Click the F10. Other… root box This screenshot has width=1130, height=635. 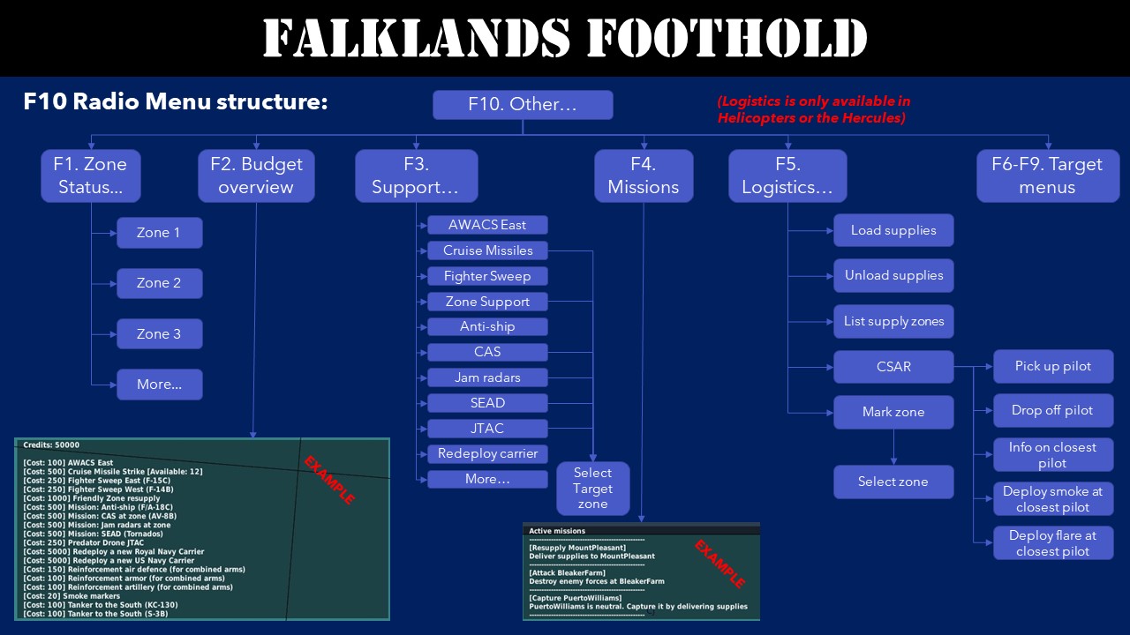[523, 105]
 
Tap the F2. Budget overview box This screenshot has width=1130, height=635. [256, 176]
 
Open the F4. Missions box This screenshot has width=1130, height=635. [643, 176]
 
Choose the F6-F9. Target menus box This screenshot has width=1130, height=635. [1047, 176]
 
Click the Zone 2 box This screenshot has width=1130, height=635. [159, 283]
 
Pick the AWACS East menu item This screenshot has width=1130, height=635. [487, 225]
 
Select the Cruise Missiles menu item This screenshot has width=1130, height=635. [487, 250]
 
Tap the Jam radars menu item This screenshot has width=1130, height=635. [487, 377]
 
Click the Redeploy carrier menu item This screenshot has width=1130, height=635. [487, 454]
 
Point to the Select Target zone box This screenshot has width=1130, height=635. [592, 489]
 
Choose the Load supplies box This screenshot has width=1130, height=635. [893, 230]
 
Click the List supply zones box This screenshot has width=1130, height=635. [893, 321]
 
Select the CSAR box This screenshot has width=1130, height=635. [893, 367]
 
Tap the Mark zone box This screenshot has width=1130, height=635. [893, 412]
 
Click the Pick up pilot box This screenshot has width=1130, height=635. [1053, 366]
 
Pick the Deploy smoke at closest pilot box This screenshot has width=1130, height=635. [1053, 499]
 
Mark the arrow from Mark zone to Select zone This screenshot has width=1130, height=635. [893, 447]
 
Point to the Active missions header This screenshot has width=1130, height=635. [557, 531]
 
